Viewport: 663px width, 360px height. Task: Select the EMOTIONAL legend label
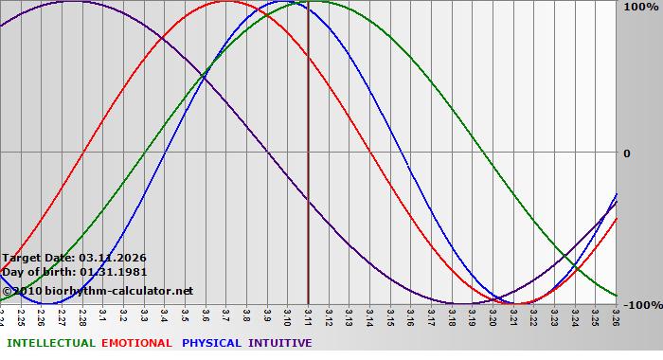tap(136, 343)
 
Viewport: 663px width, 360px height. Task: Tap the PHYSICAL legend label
tap(211, 343)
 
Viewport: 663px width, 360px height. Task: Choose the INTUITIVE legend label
tap(279, 343)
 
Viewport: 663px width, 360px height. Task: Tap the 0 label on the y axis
tap(626, 153)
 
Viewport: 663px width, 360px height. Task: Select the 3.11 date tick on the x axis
tap(308, 317)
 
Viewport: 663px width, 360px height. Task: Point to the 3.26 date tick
tap(616, 317)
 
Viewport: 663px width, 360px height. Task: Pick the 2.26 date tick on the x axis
tap(42, 317)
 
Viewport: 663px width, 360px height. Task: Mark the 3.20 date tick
tap(493, 317)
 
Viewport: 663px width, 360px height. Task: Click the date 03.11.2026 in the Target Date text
tap(112, 258)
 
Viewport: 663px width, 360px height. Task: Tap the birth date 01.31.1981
tap(113, 272)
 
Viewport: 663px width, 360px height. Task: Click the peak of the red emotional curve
tap(226, 2)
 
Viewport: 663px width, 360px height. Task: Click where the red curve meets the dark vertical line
tap(309, 59)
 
